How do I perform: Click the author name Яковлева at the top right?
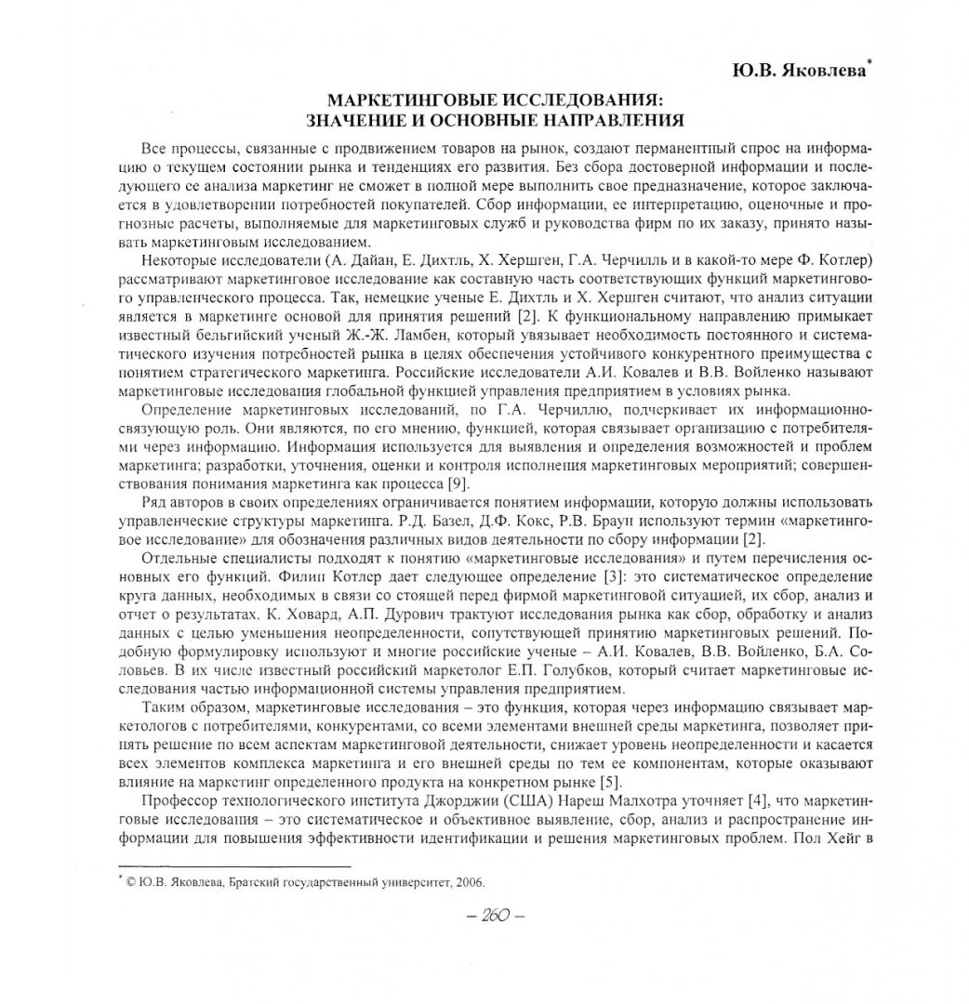point(821,70)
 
